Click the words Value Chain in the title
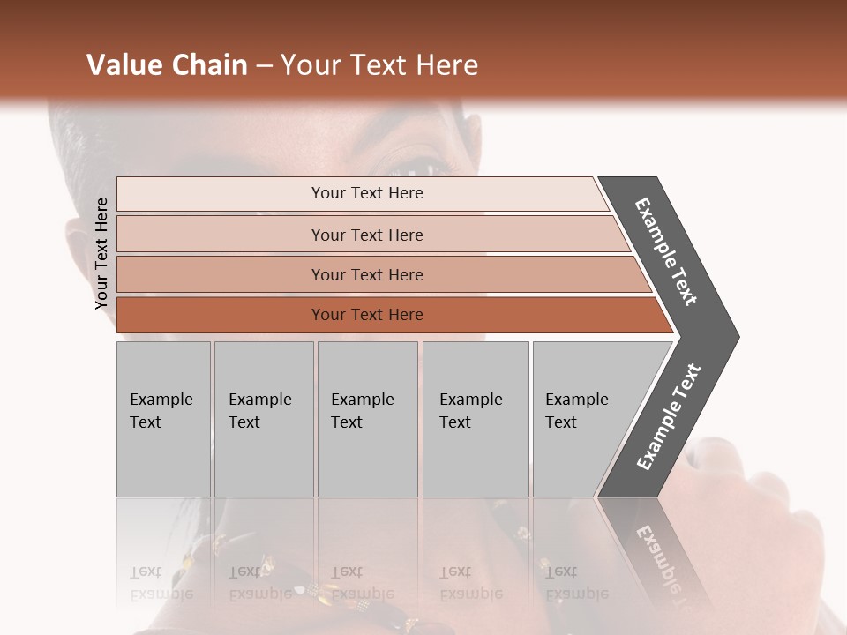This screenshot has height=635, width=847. click(x=167, y=65)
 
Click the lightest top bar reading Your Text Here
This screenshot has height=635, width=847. click(x=366, y=193)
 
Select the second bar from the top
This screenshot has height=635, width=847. click(x=366, y=235)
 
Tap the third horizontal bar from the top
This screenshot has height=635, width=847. click(x=366, y=275)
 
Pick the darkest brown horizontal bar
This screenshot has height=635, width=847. click(x=366, y=315)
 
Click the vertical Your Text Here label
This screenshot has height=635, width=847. click(x=101, y=254)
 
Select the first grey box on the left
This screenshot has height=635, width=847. click(x=163, y=419)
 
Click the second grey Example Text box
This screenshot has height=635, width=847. click(x=263, y=419)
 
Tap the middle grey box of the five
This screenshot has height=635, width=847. click(x=367, y=419)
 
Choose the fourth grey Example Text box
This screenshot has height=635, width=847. click(x=475, y=419)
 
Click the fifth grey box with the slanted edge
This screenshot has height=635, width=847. click(x=582, y=419)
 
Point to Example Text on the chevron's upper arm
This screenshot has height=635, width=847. click(x=666, y=251)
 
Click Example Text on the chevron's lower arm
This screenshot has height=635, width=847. click(x=668, y=416)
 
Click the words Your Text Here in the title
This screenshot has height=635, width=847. click(x=379, y=65)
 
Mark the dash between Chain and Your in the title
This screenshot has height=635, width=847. click(x=264, y=65)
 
